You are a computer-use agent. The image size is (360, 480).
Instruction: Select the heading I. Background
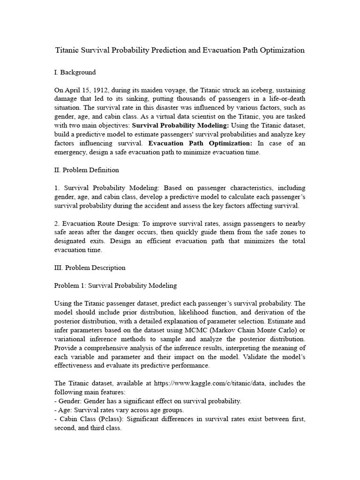pyautogui.click(x=75, y=72)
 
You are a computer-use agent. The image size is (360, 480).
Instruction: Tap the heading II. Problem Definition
pyautogui.click(x=87, y=170)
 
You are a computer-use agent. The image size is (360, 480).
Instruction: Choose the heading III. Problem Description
pyautogui.click(x=90, y=268)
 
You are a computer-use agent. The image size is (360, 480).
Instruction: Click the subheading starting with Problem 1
pyautogui.click(x=115, y=285)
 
